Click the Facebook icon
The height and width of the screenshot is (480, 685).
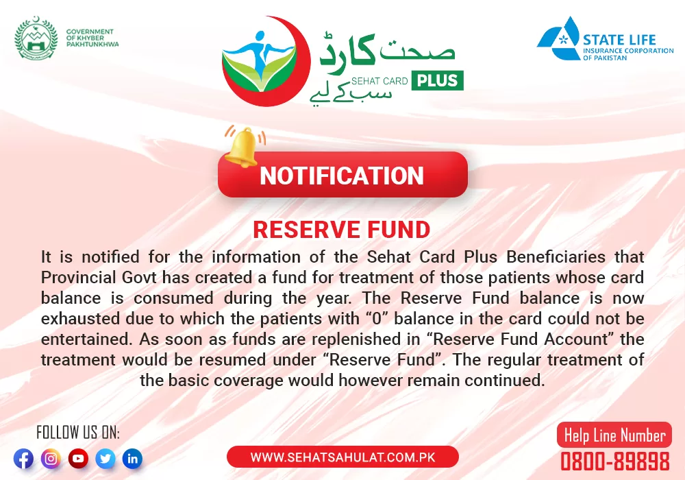[23, 459]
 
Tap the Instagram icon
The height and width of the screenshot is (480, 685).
[51, 459]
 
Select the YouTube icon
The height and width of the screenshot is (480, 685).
[78, 459]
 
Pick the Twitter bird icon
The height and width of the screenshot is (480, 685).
[105, 459]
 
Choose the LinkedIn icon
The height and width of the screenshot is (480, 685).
[132, 459]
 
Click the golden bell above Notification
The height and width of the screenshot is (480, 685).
[243, 147]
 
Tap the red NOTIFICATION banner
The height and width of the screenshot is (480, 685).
[342, 175]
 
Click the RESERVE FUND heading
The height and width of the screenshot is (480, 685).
[342, 230]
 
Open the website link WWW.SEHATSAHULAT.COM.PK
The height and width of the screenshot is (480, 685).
[343, 457]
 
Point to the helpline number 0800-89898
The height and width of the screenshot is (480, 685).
[615, 461]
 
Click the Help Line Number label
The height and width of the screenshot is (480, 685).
[614, 435]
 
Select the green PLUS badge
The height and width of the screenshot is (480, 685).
[437, 80]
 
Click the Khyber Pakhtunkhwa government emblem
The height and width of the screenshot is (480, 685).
[36, 38]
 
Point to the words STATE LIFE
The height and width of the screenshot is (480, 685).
[619, 40]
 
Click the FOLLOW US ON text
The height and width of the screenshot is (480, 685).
[78, 433]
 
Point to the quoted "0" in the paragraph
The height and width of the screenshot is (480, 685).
[377, 318]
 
